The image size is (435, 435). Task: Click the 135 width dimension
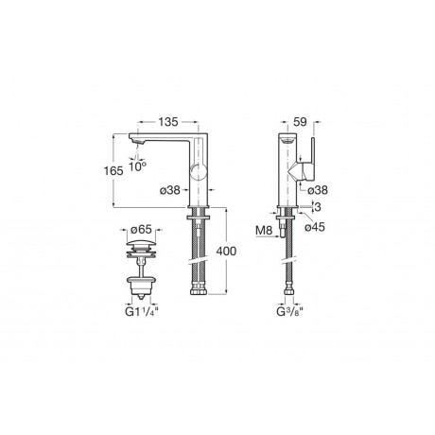(168, 122)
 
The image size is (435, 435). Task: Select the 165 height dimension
(113, 171)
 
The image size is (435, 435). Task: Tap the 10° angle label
(137, 166)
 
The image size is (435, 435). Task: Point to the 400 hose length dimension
(226, 252)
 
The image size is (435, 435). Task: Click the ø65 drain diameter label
(141, 230)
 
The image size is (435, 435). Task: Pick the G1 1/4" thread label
(142, 312)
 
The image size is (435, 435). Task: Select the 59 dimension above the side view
(300, 122)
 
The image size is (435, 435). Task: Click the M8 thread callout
(264, 231)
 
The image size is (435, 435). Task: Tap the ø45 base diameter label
(315, 227)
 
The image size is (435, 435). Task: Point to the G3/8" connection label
(289, 312)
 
